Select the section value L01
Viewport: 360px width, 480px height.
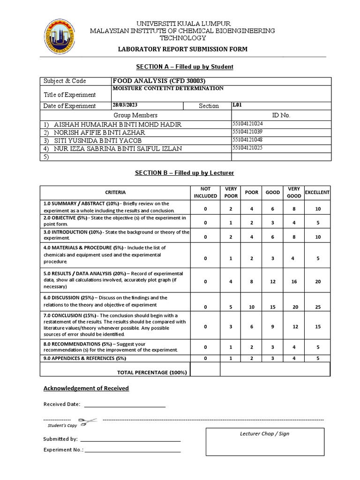238,105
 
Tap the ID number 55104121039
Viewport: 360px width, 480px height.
248,132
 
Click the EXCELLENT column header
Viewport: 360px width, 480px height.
317,192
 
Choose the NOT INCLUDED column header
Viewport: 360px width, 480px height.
205,192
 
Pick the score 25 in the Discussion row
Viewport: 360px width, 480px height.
318,307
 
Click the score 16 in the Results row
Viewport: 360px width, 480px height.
294,282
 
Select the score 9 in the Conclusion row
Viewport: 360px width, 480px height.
272,327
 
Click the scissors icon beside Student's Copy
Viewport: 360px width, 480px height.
88,421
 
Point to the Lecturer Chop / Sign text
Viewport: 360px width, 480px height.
265,434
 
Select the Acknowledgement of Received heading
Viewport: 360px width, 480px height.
86,388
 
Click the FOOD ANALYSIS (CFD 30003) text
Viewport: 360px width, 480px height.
159,81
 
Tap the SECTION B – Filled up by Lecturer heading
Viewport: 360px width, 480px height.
184,173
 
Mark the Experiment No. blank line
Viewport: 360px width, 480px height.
133,451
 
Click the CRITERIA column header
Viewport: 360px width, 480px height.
115,192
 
